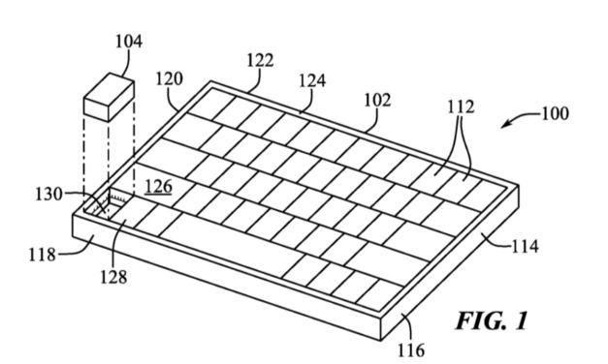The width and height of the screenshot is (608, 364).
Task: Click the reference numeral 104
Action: tap(128, 42)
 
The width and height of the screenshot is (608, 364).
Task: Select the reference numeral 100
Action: tap(555, 114)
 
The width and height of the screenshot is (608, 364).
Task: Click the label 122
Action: tap(258, 61)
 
